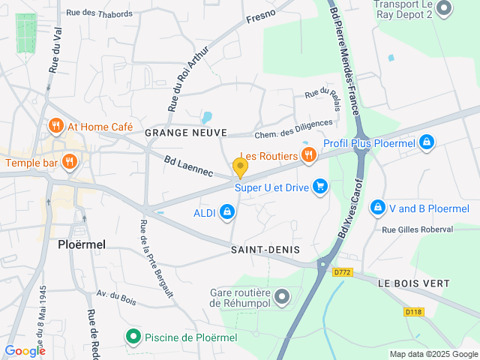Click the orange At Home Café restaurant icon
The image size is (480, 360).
[55, 127]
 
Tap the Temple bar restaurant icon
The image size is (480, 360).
[69, 162]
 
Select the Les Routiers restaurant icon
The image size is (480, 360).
[307, 155]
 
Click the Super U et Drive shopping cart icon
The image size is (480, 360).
[320, 187]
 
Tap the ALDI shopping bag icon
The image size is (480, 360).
[226, 214]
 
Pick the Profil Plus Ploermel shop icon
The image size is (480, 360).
[426, 142]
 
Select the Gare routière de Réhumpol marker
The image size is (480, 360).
[282, 298]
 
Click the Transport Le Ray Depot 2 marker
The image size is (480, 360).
[444, 8]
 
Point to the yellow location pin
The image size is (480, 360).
[240, 167]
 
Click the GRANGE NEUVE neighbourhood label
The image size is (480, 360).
[185, 133]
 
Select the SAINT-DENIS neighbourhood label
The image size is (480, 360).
[265, 249]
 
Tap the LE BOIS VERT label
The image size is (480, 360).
[413, 283]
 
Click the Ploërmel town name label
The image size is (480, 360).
[82, 244]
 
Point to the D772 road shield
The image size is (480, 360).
[343, 272]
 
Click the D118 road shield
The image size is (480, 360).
[413, 311]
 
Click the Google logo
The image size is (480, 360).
[25, 350]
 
